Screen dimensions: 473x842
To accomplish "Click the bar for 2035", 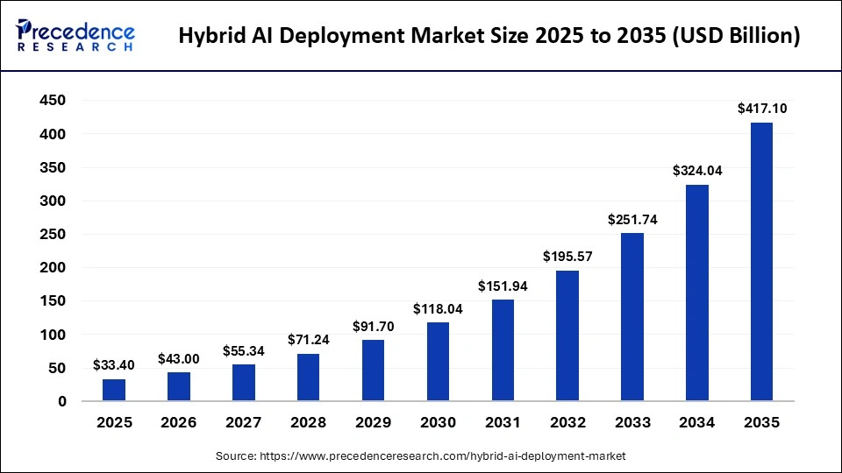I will (x=760, y=262).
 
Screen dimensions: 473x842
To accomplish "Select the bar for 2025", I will (x=114, y=390).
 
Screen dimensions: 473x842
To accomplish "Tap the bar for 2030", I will (x=438, y=362).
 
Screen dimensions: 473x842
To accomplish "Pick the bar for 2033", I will (x=631, y=317).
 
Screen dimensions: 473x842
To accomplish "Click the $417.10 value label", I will (x=760, y=109).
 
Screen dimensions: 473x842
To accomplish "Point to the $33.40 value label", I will (x=114, y=365).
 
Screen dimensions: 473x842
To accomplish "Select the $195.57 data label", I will (x=567, y=258).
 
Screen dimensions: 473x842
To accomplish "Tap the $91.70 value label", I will (x=373, y=327).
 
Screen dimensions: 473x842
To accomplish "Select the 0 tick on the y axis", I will (x=62, y=402).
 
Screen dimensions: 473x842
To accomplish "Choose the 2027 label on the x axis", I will (x=243, y=422).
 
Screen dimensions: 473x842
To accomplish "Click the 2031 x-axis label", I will (x=502, y=422).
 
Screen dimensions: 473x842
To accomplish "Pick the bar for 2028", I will (x=308, y=378).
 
